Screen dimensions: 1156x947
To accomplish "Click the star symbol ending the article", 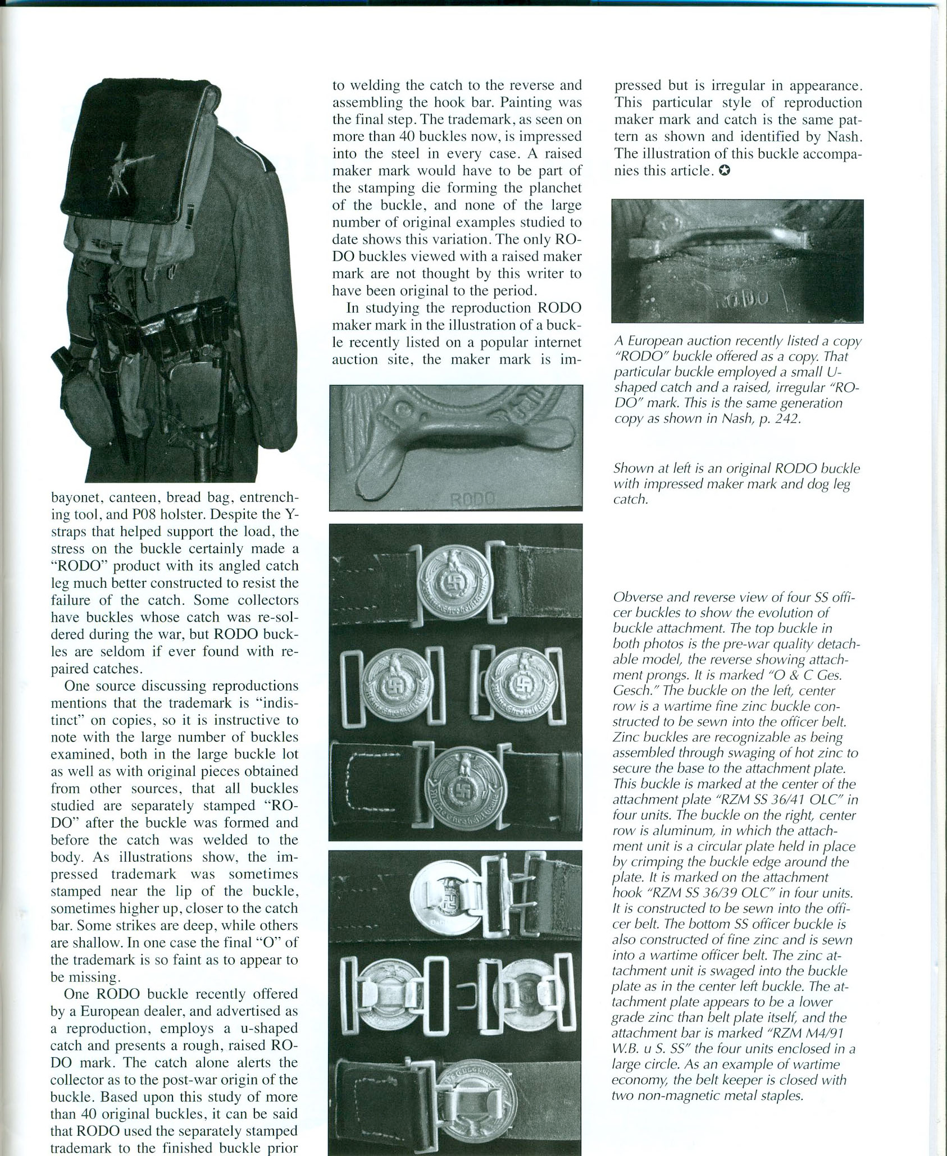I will [725, 171].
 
